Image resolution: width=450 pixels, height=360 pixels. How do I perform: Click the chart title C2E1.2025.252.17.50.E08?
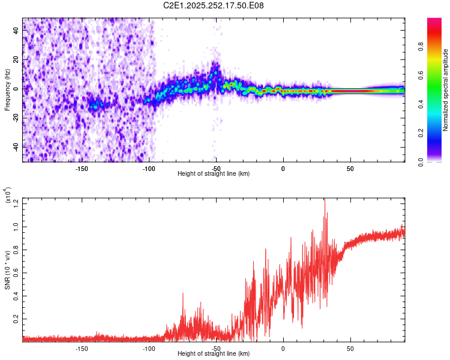214,5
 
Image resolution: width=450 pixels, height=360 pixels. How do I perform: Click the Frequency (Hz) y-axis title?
8,90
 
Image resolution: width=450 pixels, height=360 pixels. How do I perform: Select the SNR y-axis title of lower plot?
8,270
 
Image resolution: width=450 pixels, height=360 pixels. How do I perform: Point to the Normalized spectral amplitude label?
445,90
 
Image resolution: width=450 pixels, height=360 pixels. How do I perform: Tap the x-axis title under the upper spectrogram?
214,173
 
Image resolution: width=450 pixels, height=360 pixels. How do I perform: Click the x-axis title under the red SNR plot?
214,353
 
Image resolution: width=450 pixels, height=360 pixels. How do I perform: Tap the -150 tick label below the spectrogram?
82,168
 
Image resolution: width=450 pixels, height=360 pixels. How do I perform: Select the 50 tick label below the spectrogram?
350,168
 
